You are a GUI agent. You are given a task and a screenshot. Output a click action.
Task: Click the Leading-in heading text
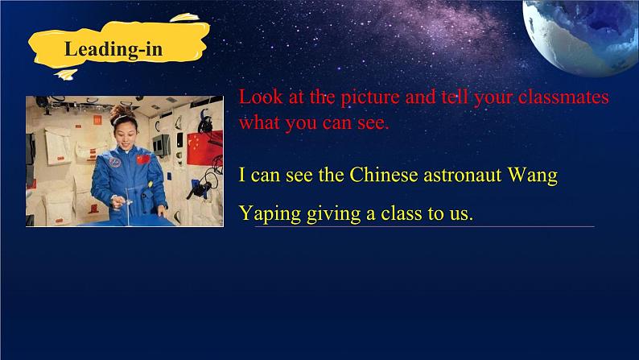[113, 50]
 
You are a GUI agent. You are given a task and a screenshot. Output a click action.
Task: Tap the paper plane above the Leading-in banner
[184, 18]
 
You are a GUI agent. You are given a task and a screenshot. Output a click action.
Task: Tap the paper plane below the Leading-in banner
[66, 75]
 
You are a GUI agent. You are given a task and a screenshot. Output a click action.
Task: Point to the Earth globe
[581, 38]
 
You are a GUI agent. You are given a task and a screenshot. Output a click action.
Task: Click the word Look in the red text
[261, 97]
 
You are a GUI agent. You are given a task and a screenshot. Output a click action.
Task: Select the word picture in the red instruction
[370, 97]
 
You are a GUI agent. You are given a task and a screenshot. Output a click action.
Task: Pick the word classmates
[563, 97]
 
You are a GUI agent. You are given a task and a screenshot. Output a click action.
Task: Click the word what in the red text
[259, 122]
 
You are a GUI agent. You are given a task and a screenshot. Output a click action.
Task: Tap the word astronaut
[463, 176]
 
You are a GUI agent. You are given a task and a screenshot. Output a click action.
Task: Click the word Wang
[533, 176]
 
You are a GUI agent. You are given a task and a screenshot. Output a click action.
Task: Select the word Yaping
[270, 213]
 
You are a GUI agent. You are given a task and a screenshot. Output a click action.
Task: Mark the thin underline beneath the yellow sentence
[425, 226]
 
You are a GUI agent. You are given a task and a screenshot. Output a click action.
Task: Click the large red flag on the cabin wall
[205, 148]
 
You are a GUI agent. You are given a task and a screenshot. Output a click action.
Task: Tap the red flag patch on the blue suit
[143, 159]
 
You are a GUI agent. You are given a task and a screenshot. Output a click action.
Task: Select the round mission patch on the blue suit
[115, 162]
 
